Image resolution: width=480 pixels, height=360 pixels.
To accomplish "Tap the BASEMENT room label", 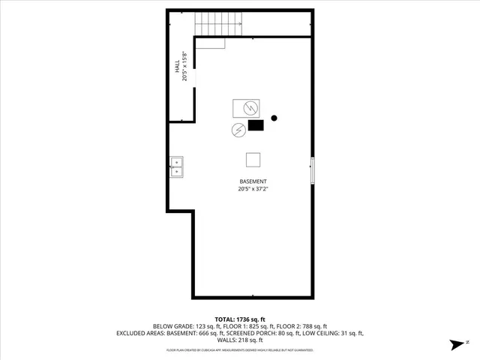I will pyautogui.click(x=253, y=182).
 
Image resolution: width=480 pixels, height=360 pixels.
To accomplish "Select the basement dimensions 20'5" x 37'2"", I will pyautogui.click(x=253, y=190).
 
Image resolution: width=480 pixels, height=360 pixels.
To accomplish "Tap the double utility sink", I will pyautogui.click(x=176, y=166).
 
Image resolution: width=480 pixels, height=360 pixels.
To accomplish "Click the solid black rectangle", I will pyautogui.click(x=256, y=125).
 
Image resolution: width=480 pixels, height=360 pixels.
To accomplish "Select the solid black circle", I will pyautogui.click(x=274, y=118).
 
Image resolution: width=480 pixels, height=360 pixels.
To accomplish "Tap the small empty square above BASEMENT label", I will pyautogui.click(x=253, y=159).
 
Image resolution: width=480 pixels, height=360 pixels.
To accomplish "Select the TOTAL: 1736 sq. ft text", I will pyautogui.click(x=239, y=319).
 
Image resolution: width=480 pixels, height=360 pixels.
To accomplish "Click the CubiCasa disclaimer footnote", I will pyautogui.click(x=239, y=350).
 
